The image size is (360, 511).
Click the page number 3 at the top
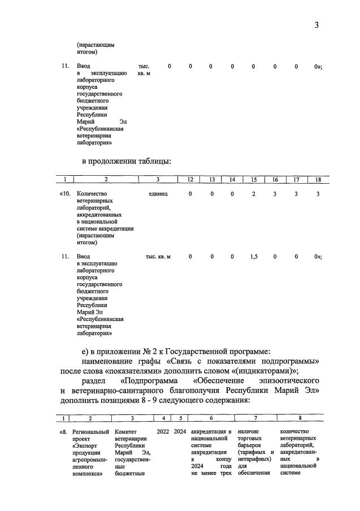pos(317,25)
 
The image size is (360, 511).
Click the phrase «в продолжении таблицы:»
pos(126,161)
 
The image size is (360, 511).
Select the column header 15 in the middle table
pos(253,180)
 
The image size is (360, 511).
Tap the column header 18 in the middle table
pos(318,180)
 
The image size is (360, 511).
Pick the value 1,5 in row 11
pos(254,257)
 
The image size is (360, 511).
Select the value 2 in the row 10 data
pos(254,194)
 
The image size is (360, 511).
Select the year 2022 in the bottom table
pos(163,432)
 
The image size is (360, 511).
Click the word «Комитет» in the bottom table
pos(126,432)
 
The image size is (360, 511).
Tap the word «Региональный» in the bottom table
pos(90,432)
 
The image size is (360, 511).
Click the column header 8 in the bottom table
pos(299,419)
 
